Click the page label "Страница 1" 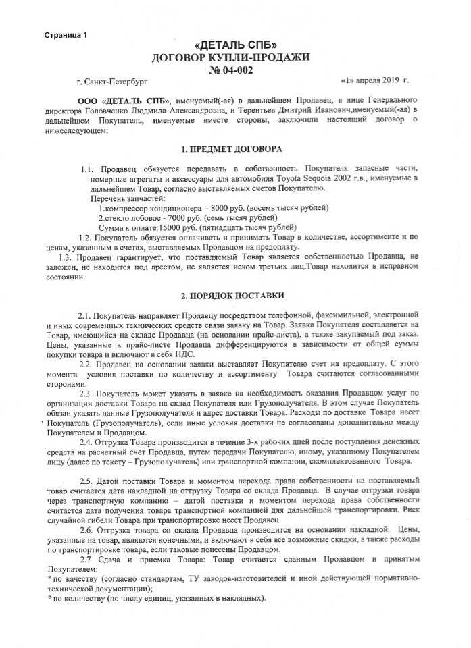(67, 34)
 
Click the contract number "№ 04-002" (234, 69)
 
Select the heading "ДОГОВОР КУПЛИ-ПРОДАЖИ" (234, 57)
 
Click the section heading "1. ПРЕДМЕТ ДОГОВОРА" (233, 148)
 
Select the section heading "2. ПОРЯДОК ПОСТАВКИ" (234, 296)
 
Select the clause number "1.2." (87, 237)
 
